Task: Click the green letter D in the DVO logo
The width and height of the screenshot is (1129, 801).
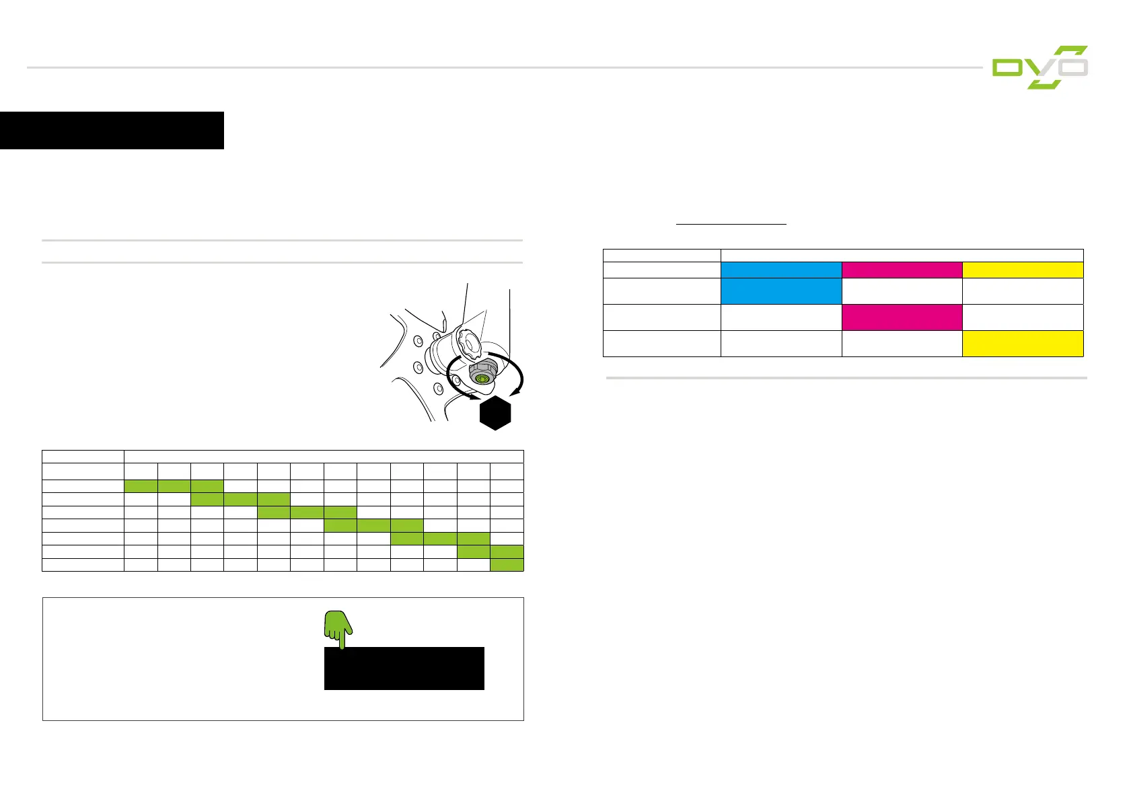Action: click(x=1007, y=68)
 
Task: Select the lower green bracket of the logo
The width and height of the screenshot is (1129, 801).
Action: click(x=1046, y=84)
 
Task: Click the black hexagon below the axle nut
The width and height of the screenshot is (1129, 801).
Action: click(x=496, y=412)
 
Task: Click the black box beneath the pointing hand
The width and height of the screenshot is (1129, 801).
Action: click(x=404, y=669)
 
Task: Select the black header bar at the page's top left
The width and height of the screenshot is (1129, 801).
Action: click(x=112, y=130)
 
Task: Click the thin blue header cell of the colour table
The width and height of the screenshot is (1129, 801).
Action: click(x=780, y=270)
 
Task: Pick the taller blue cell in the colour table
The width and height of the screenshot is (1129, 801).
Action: click(x=780, y=291)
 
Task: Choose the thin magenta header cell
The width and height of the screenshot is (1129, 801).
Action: click(x=902, y=270)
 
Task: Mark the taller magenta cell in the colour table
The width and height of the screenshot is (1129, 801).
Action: click(x=902, y=317)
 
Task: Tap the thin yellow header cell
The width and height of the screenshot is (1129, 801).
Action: click(x=1023, y=270)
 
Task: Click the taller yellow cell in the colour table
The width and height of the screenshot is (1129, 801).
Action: click(x=1023, y=343)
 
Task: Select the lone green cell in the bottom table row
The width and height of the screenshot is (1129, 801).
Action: click(x=507, y=565)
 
